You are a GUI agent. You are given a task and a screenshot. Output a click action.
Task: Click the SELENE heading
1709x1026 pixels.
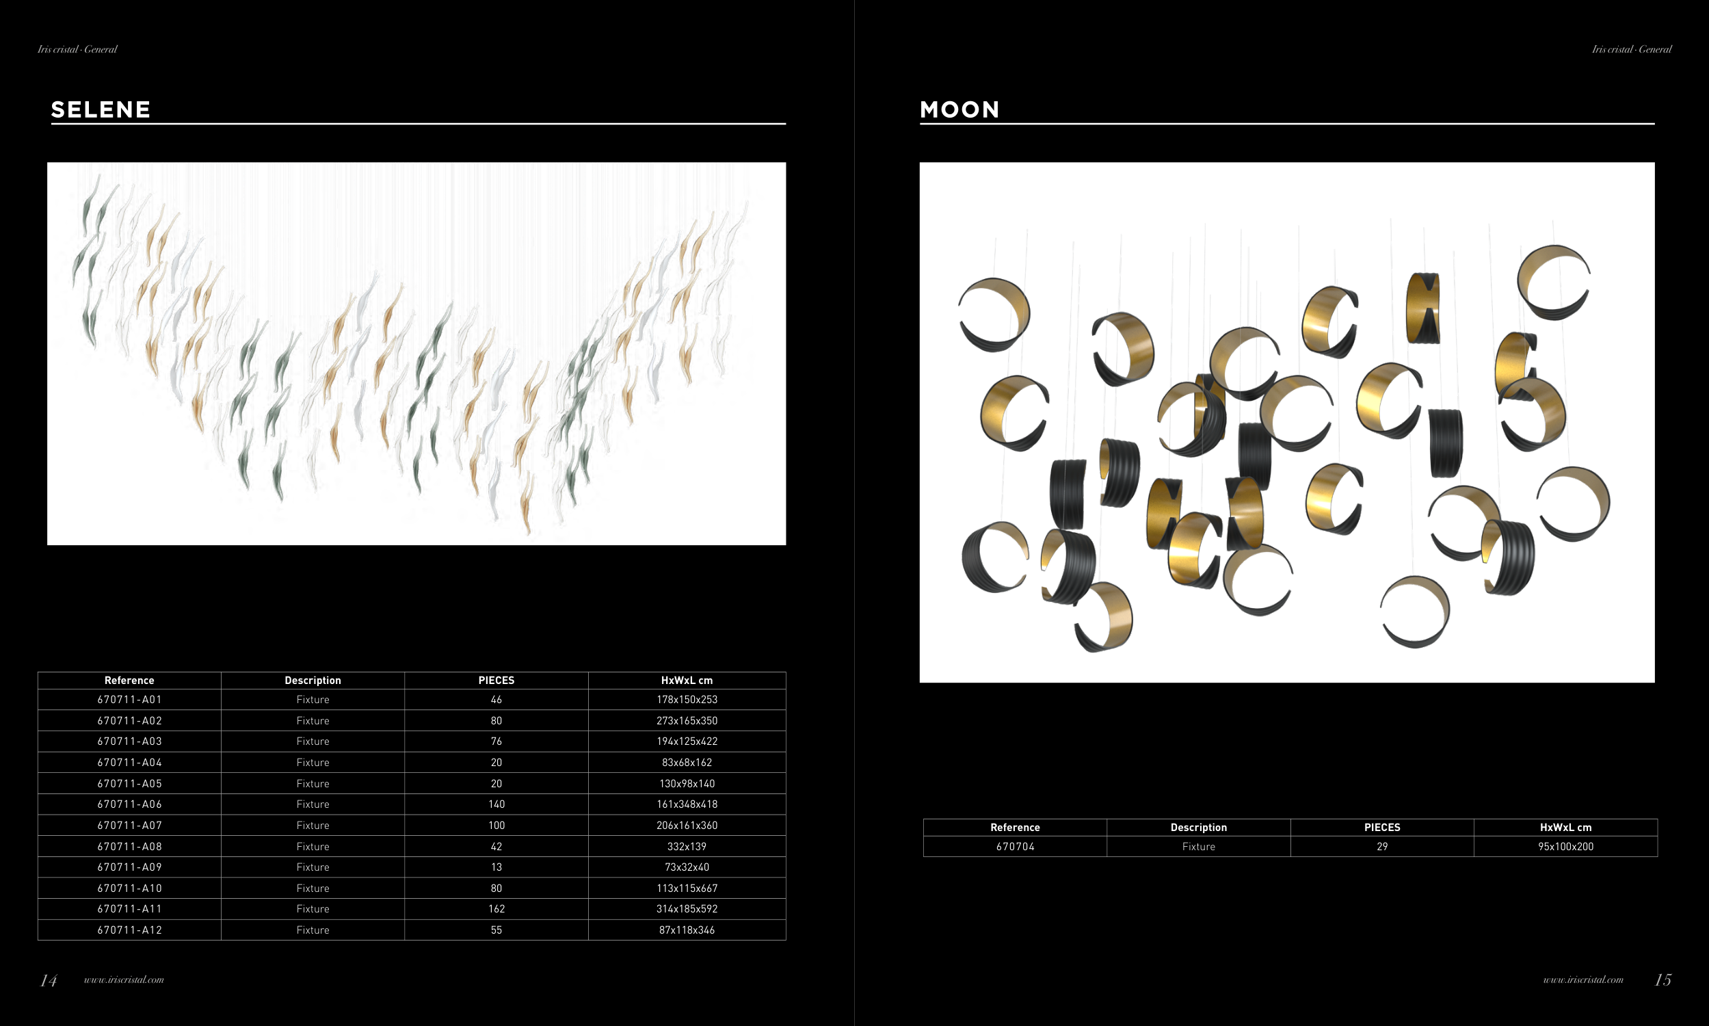(x=101, y=109)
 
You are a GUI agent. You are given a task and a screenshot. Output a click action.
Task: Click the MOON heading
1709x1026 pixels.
(x=960, y=109)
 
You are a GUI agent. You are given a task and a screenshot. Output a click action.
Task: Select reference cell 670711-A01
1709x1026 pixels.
(x=129, y=700)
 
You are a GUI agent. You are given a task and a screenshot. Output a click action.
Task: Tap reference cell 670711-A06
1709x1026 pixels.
(x=129, y=804)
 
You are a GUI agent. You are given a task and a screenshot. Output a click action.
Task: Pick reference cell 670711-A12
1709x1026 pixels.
(x=129, y=930)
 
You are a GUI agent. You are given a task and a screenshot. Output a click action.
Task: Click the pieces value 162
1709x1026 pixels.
(x=496, y=909)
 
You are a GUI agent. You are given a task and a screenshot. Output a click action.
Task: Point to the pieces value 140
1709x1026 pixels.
(x=496, y=804)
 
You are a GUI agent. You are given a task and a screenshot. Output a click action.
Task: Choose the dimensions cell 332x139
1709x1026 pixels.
(x=687, y=846)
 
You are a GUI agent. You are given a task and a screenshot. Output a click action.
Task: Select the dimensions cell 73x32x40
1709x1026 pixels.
(x=687, y=867)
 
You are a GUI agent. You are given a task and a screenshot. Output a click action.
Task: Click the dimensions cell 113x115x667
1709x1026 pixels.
(x=687, y=889)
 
